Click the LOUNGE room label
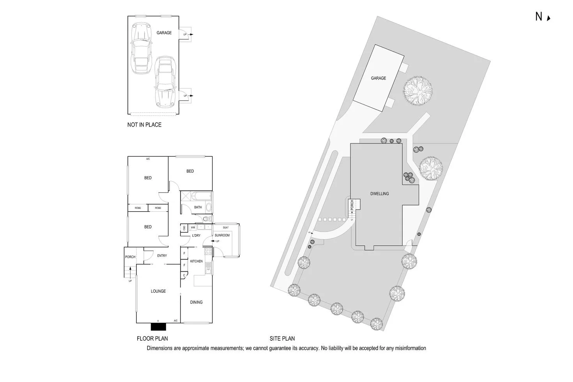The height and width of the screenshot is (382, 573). pos(158,291)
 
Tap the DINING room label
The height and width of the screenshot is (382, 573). pos(196,302)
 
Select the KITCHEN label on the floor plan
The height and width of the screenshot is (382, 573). pos(196,261)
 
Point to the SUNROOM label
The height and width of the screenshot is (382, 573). pos(222,235)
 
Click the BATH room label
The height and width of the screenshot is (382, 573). pos(198,207)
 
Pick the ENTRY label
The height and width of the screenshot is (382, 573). pos(162,256)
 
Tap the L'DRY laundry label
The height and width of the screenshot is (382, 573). pos(196,236)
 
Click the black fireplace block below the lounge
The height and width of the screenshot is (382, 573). pos(158,327)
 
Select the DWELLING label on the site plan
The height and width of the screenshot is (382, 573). pos(379,194)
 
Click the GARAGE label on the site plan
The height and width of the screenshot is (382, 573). pos(378,78)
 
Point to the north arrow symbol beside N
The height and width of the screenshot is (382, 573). pos(548,18)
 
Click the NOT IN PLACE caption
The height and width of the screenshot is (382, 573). pos(144,125)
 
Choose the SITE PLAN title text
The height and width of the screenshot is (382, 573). pos(282,338)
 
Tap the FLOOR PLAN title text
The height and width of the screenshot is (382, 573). pos(152,338)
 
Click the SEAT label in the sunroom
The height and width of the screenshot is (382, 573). pos(226,228)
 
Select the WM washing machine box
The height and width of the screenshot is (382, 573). pos(193,228)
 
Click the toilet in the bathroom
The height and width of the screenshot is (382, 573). pos(207,219)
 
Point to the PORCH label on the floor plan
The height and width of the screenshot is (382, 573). pos(130,257)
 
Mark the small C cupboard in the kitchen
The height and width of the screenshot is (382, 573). pos(184,275)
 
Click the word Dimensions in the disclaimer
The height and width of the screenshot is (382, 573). pos(159,348)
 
